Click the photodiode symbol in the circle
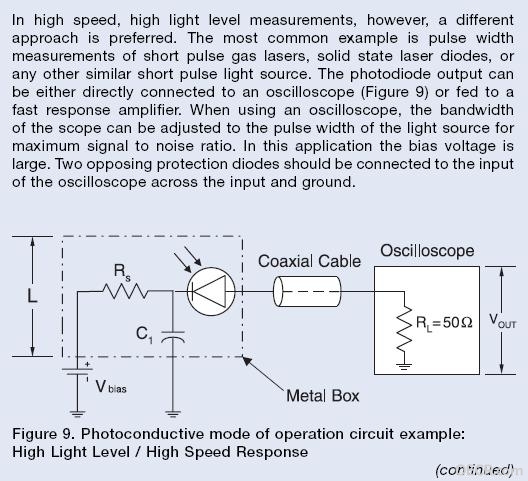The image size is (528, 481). coord(211,291)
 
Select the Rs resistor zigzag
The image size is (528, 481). coord(125,291)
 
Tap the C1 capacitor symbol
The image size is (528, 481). coord(173,337)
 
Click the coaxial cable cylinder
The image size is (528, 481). coord(307,291)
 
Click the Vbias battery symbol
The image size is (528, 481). coord(77,371)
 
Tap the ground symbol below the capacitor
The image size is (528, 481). coord(173,414)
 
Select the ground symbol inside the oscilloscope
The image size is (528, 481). coord(404,366)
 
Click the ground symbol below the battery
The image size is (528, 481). coord(77,414)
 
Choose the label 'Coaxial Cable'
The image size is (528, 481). coord(309,261)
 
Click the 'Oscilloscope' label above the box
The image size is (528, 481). coord(427,251)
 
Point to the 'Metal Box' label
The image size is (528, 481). coord(323,395)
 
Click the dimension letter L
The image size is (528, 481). coord(32,296)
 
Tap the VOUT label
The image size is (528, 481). coord(502,321)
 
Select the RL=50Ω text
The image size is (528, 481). coord(444,323)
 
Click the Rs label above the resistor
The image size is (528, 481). coord(122,271)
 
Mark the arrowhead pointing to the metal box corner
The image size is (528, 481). coord(247,360)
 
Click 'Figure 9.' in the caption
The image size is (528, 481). coord(43,434)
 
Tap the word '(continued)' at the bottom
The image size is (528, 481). coord(475,469)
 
